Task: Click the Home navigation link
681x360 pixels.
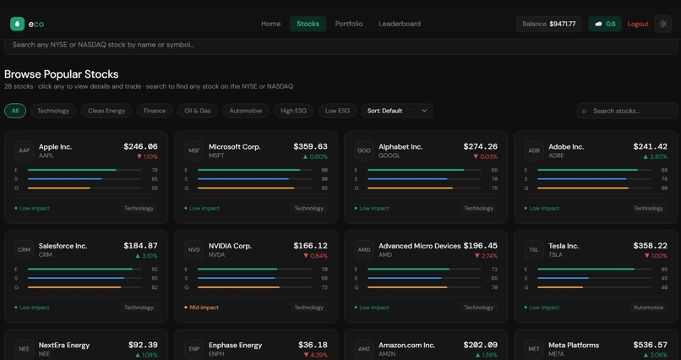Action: [270, 24]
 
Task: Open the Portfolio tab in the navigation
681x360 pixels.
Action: [349, 24]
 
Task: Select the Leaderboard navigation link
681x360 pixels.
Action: [400, 24]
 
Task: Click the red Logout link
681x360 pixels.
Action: [638, 24]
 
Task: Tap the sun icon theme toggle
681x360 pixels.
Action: [663, 24]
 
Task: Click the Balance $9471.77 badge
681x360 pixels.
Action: [549, 24]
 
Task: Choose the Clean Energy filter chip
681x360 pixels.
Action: [106, 111]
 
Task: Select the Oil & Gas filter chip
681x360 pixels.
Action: [198, 111]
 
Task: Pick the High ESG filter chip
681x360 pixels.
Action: [293, 111]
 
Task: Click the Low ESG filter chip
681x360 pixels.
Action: [337, 111]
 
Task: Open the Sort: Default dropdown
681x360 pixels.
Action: [396, 111]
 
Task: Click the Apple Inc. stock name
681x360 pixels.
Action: [55, 147]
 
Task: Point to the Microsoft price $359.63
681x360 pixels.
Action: [310, 147]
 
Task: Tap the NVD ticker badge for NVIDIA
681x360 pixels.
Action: [194, 250]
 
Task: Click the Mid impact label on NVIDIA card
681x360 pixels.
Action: [203, 308]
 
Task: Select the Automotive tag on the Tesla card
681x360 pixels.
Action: [648, 308]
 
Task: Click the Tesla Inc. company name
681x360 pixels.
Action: [564, 246]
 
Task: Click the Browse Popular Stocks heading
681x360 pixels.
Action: [61, 74]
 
